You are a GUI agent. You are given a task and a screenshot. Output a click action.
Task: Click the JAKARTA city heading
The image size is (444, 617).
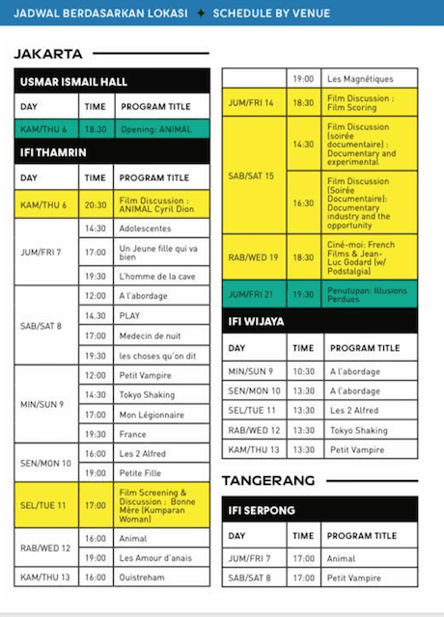[48, 54]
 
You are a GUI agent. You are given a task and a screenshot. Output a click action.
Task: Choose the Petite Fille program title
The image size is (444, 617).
[144, 473]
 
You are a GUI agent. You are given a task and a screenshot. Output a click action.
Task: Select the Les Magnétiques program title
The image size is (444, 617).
[357, 77]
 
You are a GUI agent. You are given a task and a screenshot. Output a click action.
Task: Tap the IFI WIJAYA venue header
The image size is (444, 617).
[257, 320]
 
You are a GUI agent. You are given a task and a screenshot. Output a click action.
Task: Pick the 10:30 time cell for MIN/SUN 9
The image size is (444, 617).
[303, 371]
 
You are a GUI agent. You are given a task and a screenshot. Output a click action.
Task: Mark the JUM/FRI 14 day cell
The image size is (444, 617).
[252, 102]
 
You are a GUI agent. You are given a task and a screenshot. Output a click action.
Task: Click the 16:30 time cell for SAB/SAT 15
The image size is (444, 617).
[303, 202]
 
